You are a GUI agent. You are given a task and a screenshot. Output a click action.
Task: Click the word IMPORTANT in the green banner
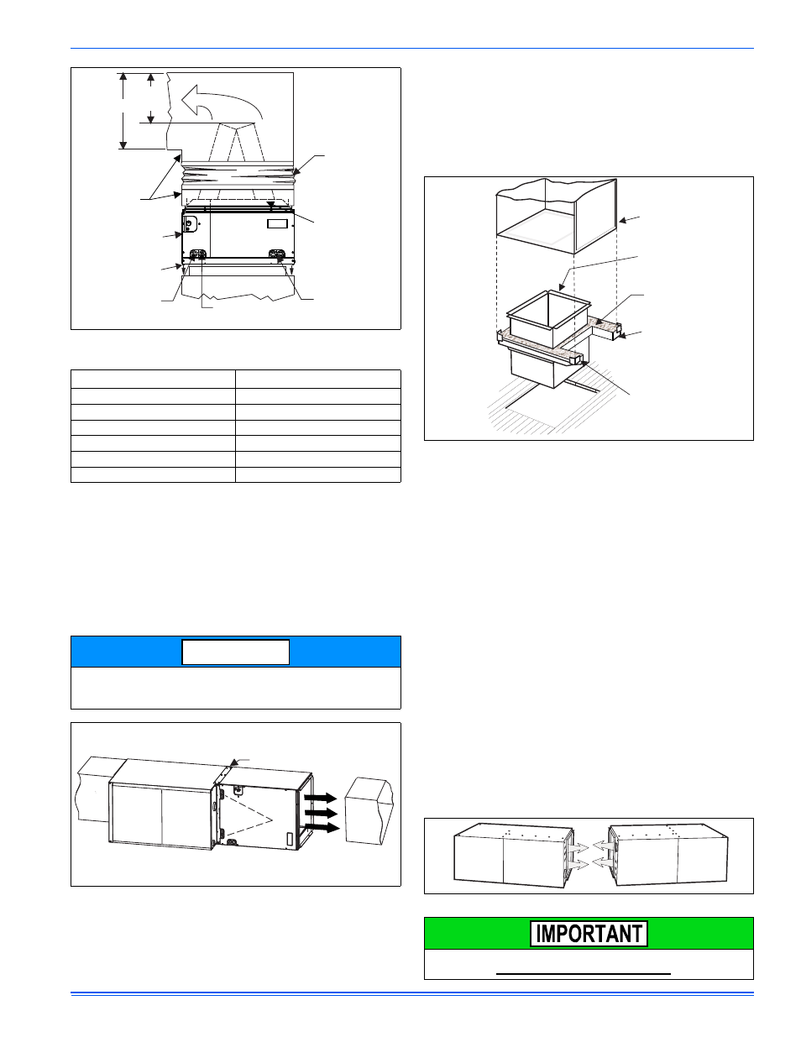click(x=589, y=934)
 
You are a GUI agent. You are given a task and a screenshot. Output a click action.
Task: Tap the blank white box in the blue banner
click(x=236, y=652)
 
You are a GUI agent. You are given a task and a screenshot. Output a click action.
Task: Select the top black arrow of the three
click(x=321, y=798)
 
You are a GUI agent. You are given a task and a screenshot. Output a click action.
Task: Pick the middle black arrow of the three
click(x=321, y=813)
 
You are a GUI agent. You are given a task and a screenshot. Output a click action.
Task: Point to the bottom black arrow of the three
click(x=322, y=828)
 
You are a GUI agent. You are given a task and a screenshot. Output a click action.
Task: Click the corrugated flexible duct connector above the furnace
click(x=238, y=177)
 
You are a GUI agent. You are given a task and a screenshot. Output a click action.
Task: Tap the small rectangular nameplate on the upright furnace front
click(x=277, y=223)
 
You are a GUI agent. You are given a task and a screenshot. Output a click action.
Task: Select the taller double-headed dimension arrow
click(x=123, y=111)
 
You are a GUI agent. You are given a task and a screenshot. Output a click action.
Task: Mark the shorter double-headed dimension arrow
click(x=151, y=98)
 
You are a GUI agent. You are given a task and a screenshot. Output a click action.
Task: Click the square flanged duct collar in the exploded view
click(x=548, y=319)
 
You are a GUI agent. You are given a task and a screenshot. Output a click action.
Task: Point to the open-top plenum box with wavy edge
click(x=557, y=216)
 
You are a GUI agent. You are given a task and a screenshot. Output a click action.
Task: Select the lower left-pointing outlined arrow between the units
click(x=605, y=863)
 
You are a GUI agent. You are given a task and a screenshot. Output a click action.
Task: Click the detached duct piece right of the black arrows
click(x=369, y=811)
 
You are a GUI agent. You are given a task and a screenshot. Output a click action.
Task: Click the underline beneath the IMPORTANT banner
click(x=584, y=973)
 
